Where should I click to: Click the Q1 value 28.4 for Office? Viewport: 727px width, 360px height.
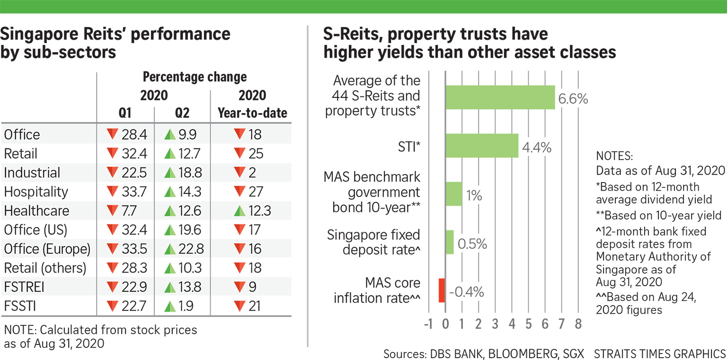[133, 135]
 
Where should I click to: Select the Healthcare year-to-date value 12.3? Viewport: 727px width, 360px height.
[259, 211]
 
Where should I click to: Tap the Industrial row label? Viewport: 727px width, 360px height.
[32, 173]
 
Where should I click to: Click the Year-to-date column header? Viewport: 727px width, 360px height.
[252, 114]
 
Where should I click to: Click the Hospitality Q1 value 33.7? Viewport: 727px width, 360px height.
[133, 192]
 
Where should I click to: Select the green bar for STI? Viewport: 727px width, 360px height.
[482, 145]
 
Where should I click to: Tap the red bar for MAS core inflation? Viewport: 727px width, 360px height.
[442, 290]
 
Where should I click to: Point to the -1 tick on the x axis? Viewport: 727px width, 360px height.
[429, 325]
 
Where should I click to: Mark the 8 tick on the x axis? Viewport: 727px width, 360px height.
[578, 325]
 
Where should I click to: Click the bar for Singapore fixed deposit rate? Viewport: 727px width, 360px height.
[450, 242]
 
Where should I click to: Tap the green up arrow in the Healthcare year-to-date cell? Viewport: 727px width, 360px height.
[240, 211]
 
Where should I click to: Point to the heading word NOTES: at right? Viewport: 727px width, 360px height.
[614, 157]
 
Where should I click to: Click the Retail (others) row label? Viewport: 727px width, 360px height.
[45, 268]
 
